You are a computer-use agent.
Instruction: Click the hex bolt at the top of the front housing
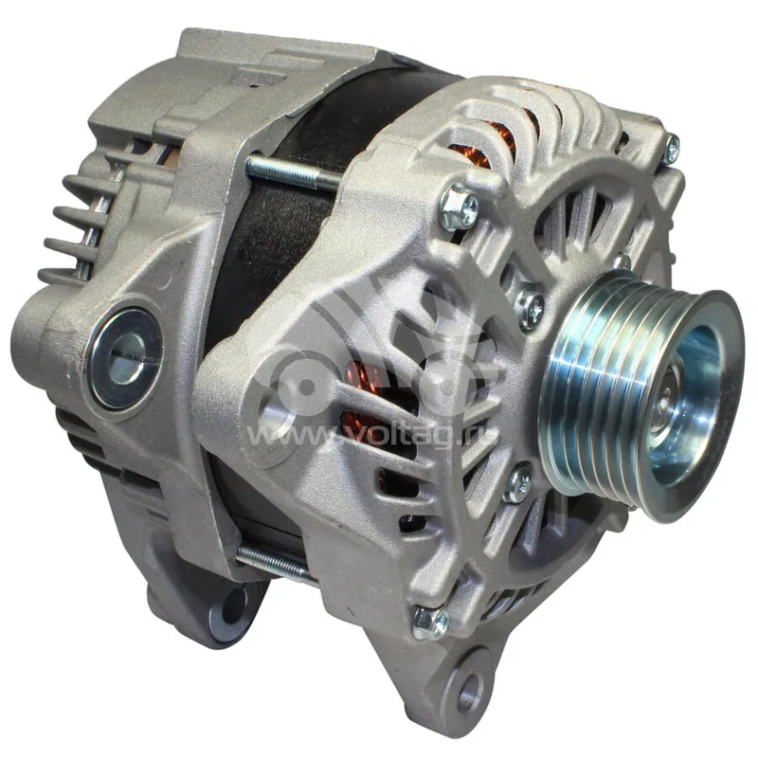pos(459,207)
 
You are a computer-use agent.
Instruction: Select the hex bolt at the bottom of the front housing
pos(430,623)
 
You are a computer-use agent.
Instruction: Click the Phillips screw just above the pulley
pos(529,306)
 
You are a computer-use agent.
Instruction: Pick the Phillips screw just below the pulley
pos(517,483)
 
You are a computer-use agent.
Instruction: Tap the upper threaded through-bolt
pos(294,171)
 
